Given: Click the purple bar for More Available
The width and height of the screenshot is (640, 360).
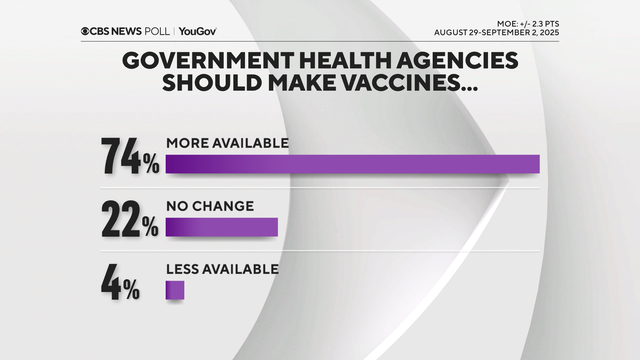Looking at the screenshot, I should [x=352, y=164].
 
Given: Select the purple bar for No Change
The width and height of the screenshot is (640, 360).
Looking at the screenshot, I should [x=221, y=227].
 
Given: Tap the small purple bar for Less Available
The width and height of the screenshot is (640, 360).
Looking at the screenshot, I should [x=175, y=290].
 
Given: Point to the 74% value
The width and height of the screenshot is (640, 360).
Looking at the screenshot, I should [x=129, y=156].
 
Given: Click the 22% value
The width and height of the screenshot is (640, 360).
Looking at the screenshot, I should [x=129, y=219].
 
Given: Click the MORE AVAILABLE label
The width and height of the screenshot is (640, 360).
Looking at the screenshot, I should [x=227, y=143].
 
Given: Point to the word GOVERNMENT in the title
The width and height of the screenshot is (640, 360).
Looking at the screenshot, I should [x=200, y=61].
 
